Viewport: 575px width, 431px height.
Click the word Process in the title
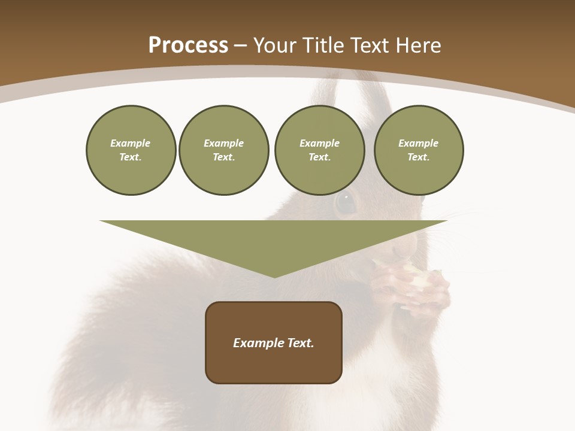[x=188, y=45]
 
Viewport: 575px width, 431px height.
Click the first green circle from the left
[x=131, y=150]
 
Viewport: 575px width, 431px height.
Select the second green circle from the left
[x=223, y=150]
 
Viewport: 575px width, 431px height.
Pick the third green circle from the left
[x=319, y=150]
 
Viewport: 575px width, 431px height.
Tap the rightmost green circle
[x=418, y=150]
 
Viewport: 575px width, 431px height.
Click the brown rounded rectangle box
[x=274, y=342]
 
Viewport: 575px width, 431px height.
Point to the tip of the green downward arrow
[x=274, y=276]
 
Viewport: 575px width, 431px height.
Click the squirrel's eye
[x=346, y=202]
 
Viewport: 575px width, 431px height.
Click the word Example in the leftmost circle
[x=131, y=143]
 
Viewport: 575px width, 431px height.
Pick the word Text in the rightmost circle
[x=418, y=157]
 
